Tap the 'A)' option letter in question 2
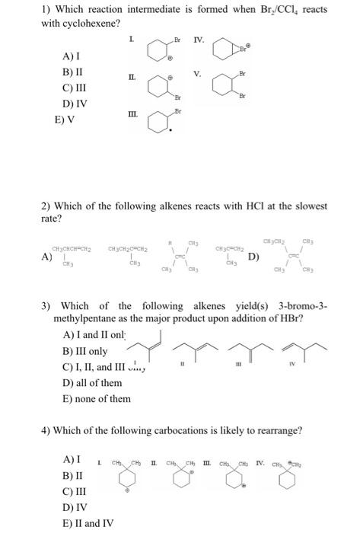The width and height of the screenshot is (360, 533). coord(48,236)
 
